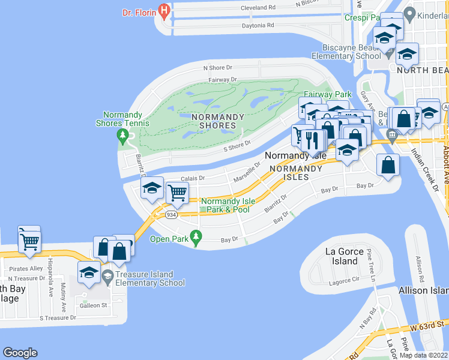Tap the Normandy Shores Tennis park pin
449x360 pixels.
click(x=123, y=134)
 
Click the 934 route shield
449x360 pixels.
click(x=170, y=215)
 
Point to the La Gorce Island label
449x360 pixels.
click(x=345, y=256)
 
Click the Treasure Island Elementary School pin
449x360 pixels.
click(x=108, y=276)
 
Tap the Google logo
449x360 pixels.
click(x=20, y=353)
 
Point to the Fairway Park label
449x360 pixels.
click(x=328, y=94)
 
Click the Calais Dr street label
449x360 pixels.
click(x=193, y=178)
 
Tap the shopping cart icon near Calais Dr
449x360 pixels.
click(x=178, y=193)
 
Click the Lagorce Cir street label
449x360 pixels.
click(x=343, y=281)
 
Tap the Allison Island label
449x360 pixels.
click(x=423, y=290)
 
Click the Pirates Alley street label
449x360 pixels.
click(x=28, y=268)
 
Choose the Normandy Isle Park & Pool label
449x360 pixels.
click(x=225, y=205)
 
